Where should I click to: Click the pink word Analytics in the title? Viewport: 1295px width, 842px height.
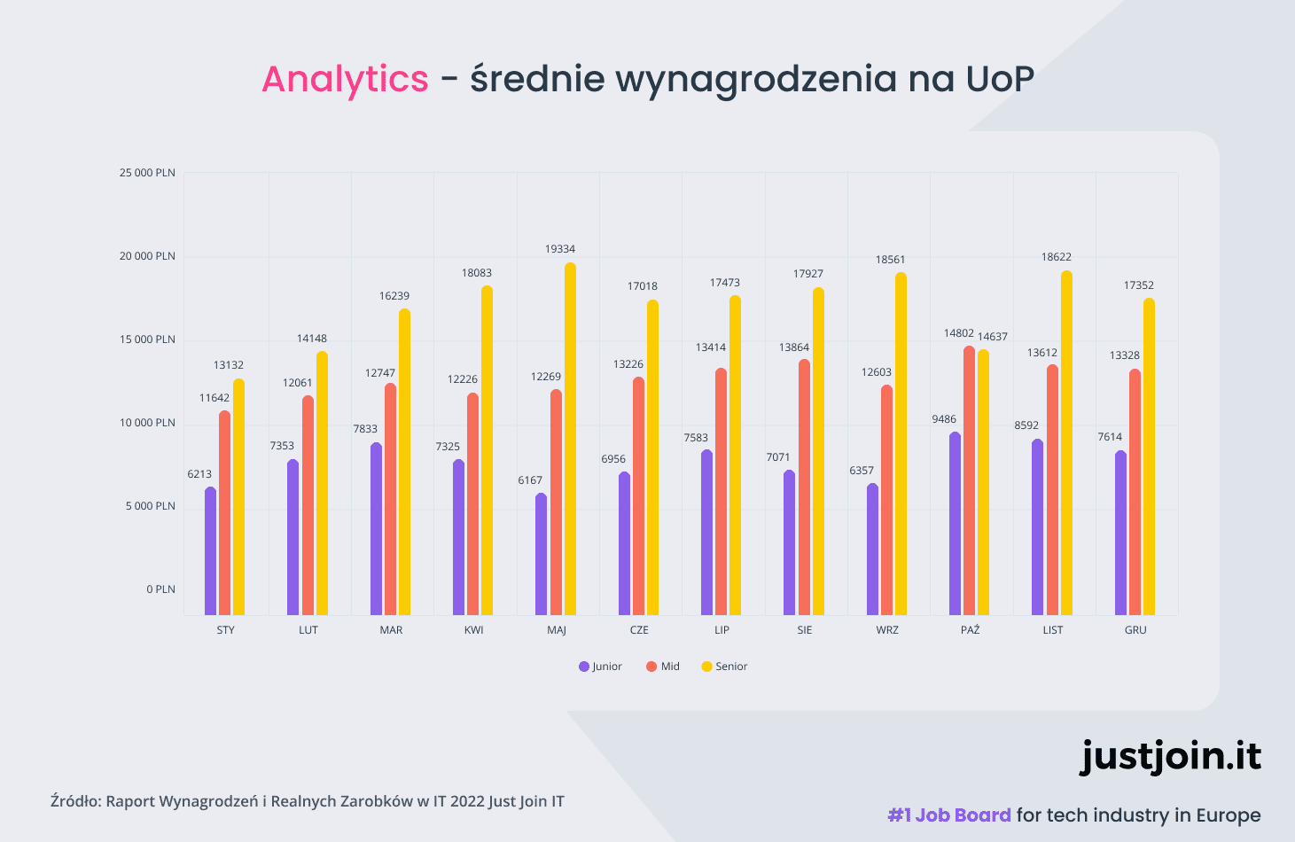345,79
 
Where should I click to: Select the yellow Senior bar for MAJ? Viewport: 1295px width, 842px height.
570,439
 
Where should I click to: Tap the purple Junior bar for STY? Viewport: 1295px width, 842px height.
210,551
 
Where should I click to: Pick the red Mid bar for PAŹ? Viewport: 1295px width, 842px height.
969,480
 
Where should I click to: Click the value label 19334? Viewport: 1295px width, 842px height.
560,249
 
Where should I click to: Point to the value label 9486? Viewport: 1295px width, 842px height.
944,419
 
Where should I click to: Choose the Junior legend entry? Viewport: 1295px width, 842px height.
600,667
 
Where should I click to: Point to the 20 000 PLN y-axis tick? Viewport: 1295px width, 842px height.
148,256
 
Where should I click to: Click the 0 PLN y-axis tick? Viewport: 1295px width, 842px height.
161,589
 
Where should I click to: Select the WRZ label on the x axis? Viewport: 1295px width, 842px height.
887,630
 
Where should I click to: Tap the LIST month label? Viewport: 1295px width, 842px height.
1053,630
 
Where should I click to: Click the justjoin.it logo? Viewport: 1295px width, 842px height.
1170,756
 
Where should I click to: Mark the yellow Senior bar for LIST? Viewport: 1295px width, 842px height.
1066,443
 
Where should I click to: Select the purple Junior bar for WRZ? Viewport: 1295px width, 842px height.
872,550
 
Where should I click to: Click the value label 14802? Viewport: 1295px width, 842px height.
958,333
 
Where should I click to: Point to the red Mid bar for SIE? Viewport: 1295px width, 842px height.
804,487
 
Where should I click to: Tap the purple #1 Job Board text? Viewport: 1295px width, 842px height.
949,815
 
